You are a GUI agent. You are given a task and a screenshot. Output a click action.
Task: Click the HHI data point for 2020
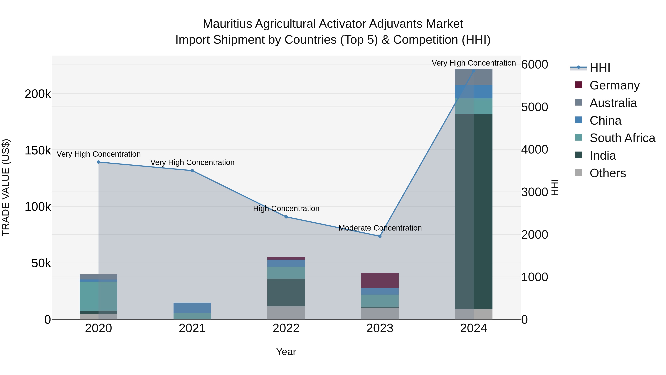click(98, 162)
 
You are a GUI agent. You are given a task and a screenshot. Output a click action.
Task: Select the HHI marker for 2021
click(192, 171)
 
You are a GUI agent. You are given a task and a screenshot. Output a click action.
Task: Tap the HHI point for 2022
click(286, 217)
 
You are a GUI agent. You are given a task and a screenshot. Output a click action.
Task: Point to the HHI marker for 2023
click(380, 236)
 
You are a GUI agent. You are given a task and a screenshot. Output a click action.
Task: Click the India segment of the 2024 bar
click(474, 211)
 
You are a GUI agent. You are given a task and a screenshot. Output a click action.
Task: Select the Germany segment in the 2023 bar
click(380, 280)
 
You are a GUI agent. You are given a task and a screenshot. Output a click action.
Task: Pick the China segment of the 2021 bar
click(192, 308)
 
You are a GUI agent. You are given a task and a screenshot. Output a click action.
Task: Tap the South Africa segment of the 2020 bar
click(98, 296)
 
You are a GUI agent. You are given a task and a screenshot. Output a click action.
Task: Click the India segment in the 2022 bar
click(286, 292)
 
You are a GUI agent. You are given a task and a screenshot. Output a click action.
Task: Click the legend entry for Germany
click(614, 85)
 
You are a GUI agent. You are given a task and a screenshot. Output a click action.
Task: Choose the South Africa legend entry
click(622, 138)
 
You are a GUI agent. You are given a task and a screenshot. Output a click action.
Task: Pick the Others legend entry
click(608, 173)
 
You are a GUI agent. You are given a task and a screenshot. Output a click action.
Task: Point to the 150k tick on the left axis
click(38, 150)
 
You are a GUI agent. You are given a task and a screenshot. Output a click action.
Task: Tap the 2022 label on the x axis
click(286, 328)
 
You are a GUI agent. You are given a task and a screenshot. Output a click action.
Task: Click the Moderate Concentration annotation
click(380, 228)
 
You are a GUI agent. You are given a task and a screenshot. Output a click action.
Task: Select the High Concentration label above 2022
click(286, 209)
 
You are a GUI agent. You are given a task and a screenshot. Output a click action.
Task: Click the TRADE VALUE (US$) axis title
click(6, 187)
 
